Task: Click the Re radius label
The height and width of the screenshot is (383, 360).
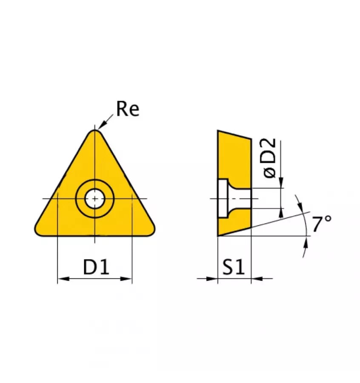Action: coord(128,109)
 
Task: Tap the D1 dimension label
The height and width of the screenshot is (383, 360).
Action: coord(96,267)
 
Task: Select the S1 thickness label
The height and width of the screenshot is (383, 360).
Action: coord(233,267)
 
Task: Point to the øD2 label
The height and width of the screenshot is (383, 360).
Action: coord(270,158)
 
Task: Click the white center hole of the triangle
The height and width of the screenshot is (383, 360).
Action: coord(94,199)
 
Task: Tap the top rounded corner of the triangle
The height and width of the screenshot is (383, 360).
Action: coord(95,133)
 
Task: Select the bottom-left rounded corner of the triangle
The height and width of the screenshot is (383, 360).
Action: coord(39,230)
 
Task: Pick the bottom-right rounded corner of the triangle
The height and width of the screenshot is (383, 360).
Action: coord(150,230)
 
